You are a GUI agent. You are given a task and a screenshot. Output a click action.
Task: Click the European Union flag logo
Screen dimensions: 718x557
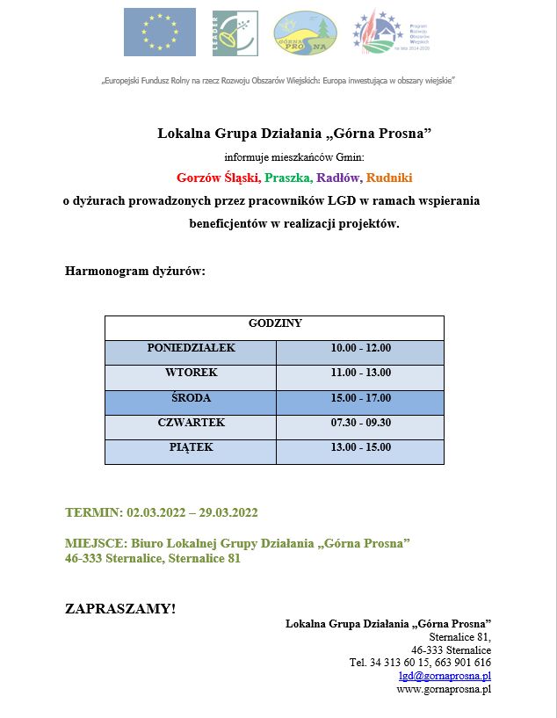[159, 32]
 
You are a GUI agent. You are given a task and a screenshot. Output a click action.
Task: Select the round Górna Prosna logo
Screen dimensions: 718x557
[305, 33]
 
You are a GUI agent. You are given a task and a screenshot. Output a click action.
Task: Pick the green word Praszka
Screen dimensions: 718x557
[286, 178]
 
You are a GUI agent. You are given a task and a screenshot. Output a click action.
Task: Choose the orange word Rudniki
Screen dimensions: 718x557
[389, 178]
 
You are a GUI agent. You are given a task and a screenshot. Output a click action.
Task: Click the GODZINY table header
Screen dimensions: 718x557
[275, 323]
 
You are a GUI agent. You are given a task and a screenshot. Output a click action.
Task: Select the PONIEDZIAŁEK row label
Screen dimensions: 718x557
[191, 348]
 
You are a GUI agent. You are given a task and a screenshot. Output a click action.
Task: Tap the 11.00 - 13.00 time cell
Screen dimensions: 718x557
[360, 374]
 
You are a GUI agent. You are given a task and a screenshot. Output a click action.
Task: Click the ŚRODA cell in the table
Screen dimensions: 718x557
[191, 398]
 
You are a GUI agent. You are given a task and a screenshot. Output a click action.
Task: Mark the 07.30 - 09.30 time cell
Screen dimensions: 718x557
[360, 423]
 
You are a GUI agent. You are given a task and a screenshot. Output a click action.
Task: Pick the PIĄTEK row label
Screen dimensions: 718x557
[191, 447]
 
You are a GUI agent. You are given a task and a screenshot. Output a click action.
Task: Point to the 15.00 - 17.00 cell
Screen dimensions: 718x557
[360, 398]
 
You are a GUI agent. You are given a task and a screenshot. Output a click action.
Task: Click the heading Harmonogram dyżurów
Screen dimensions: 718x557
[134, 271]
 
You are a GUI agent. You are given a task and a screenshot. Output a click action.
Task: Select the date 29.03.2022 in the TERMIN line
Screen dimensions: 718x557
[227, 512]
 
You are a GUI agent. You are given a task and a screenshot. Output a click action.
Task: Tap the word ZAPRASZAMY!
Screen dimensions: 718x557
[120, 608]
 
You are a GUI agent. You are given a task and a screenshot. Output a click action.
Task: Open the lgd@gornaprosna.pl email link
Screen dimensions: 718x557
[445, 676]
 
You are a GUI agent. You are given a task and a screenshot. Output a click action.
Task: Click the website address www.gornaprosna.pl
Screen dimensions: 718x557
[444, 689]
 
